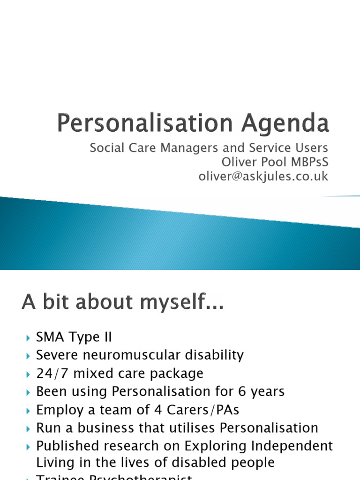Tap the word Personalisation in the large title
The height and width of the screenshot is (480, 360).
click(144, 124)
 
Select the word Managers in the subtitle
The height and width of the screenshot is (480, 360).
click(188, 148)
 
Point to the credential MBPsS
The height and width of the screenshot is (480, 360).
click(308, 162)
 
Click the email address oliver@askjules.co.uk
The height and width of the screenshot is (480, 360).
click(264, 176)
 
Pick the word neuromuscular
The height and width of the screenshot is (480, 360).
click(137, 355)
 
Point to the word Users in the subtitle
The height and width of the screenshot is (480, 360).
click(311, 148)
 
